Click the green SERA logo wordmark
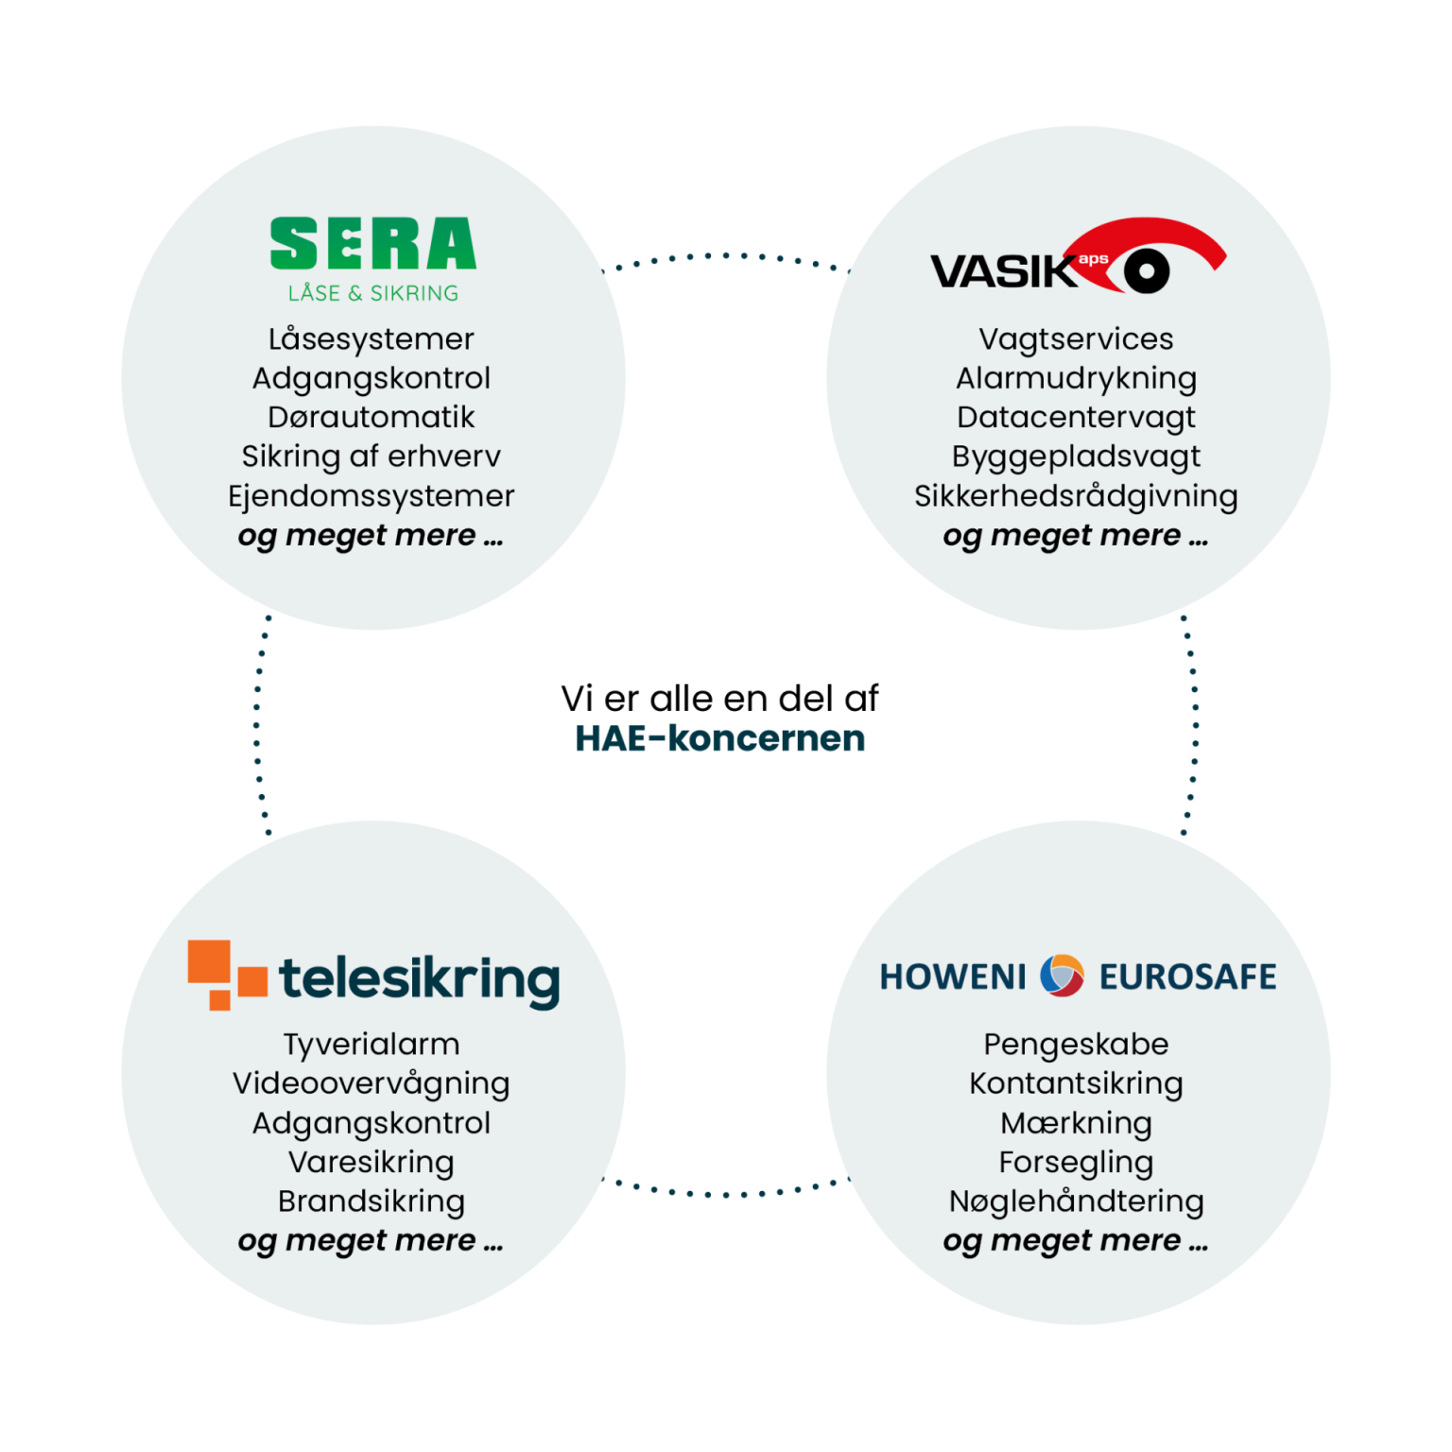click(372, 244)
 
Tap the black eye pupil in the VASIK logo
click(1147, 272)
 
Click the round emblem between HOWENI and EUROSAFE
click(1062, 976)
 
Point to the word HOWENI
click(952, 977)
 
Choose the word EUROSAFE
click(1187, 977)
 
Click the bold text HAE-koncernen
click(720, 738)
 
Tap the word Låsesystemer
click(372, 338)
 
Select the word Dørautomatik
click(372, 417)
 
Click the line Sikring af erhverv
click(372, 457)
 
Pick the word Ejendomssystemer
click(372, 496)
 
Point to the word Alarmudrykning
click(1076, 378)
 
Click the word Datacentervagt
click(1076, 417)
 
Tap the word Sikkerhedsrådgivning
click(1076, 496)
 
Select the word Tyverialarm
click(372, 1044)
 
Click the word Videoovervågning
click(372, 1083)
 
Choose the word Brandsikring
click(372, 1201)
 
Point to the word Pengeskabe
click(1076, 1044)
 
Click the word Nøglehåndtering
click(1076, 1201)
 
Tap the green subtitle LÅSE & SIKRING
click(373, 293)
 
